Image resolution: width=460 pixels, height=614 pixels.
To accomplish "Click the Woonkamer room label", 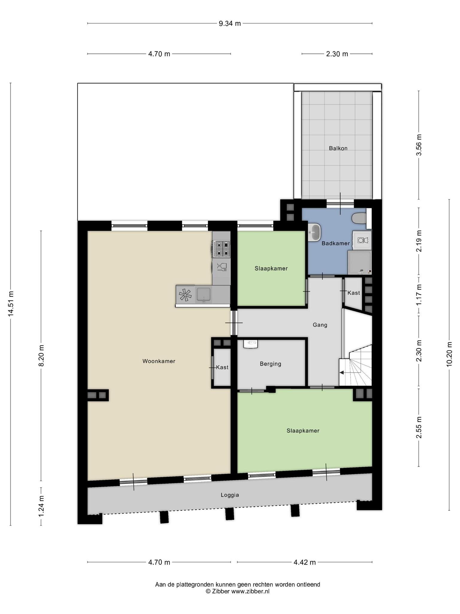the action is coord(159,361).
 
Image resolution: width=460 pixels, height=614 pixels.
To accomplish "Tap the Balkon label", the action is coord(338,148).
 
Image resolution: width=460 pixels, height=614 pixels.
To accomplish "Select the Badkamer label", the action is coord(336,243).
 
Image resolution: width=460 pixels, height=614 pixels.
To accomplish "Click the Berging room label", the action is coord(270,364).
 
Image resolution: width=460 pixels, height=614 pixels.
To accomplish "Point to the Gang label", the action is coord(320,325).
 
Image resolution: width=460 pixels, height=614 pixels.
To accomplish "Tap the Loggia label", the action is coord(230,495).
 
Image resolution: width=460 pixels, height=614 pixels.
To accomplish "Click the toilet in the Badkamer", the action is coord(359,218).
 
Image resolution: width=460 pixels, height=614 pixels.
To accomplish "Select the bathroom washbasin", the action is coord(314,232).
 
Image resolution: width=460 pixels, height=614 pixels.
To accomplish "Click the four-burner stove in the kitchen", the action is coord(222,249).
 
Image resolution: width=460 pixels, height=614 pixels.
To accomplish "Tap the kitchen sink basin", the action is coord(204,294).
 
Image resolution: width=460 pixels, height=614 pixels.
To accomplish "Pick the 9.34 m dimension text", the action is coord(230,23).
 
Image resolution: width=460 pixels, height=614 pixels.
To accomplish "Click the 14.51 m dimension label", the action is coord(11,304).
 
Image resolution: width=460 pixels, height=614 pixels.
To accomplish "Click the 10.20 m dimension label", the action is coord(449,354).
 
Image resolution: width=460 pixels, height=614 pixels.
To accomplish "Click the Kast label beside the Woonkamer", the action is coord(222,367).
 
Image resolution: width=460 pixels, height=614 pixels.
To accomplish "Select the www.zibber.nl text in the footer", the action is coord(250,592).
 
